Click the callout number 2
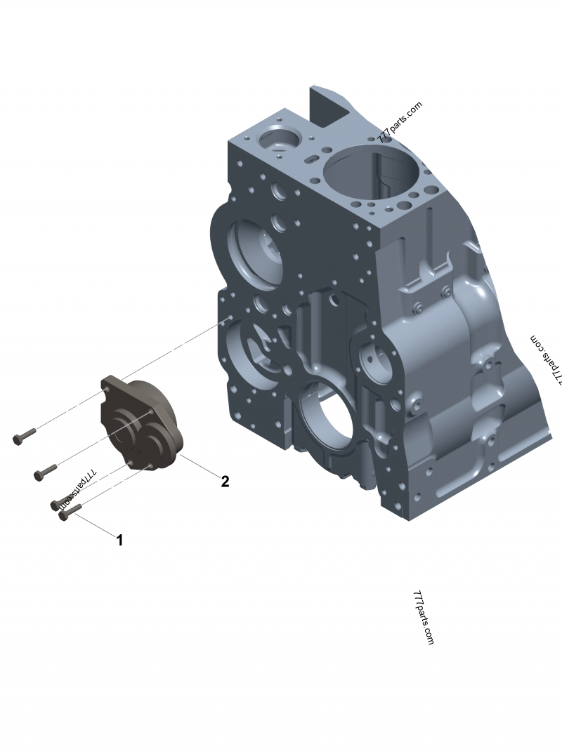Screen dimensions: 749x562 tap(225, 481)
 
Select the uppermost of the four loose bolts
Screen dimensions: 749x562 tap(22, 436)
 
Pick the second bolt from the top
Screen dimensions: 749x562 tap(45, 472)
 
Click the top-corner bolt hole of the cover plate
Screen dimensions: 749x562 tap(106, 384)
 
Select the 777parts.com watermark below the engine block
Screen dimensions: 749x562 tap(423, 617)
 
